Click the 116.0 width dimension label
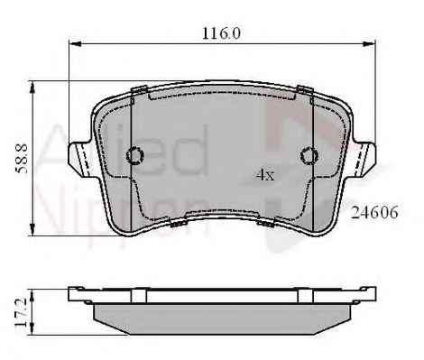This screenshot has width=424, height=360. click(221, 33)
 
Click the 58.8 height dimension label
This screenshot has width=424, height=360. click(22, 159)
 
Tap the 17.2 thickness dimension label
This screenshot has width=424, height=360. click(22, 313)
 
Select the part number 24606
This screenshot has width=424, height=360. click(374, 213)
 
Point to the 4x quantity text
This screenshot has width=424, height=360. click(265, 175)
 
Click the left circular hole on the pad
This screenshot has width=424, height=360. click(135, 155)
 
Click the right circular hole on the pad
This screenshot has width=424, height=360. click(309, 155)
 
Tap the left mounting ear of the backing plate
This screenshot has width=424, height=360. click(80, 158)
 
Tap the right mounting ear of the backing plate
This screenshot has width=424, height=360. click(364, 158)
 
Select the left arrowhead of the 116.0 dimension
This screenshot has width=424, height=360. click(76, 44)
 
